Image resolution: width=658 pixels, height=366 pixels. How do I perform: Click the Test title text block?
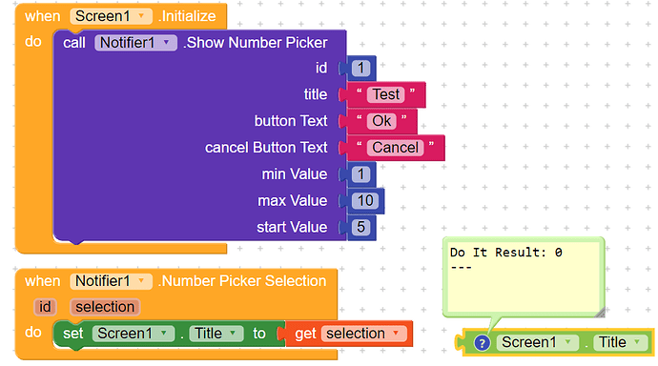(386, 94)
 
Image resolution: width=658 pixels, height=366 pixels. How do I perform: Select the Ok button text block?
(381, 121)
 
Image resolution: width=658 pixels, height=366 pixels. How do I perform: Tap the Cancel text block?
(395, 148)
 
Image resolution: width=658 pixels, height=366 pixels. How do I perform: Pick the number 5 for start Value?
(360, 228)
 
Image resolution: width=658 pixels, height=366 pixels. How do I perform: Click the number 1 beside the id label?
(360, 68)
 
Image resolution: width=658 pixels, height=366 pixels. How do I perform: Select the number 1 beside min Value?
(360, 174)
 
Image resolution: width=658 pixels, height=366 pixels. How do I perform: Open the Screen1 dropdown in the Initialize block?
(111, 16)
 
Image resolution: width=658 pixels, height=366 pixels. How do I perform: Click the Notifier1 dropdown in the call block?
(136, 42)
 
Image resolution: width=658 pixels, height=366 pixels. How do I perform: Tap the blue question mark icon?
(482, 342)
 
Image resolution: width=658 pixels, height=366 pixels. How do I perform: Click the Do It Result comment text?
(505, 253)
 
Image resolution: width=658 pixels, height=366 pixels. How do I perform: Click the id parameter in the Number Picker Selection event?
(45, 307)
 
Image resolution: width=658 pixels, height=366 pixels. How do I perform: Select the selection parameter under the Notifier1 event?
(104, 307)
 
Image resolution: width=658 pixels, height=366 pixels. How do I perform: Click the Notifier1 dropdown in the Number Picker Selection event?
(111, 281)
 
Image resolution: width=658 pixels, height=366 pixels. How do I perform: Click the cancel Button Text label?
(266, 148)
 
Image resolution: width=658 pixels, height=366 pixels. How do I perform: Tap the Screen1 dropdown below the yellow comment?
(538, 342)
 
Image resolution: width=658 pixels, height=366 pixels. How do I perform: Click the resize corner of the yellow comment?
(598, 311)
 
